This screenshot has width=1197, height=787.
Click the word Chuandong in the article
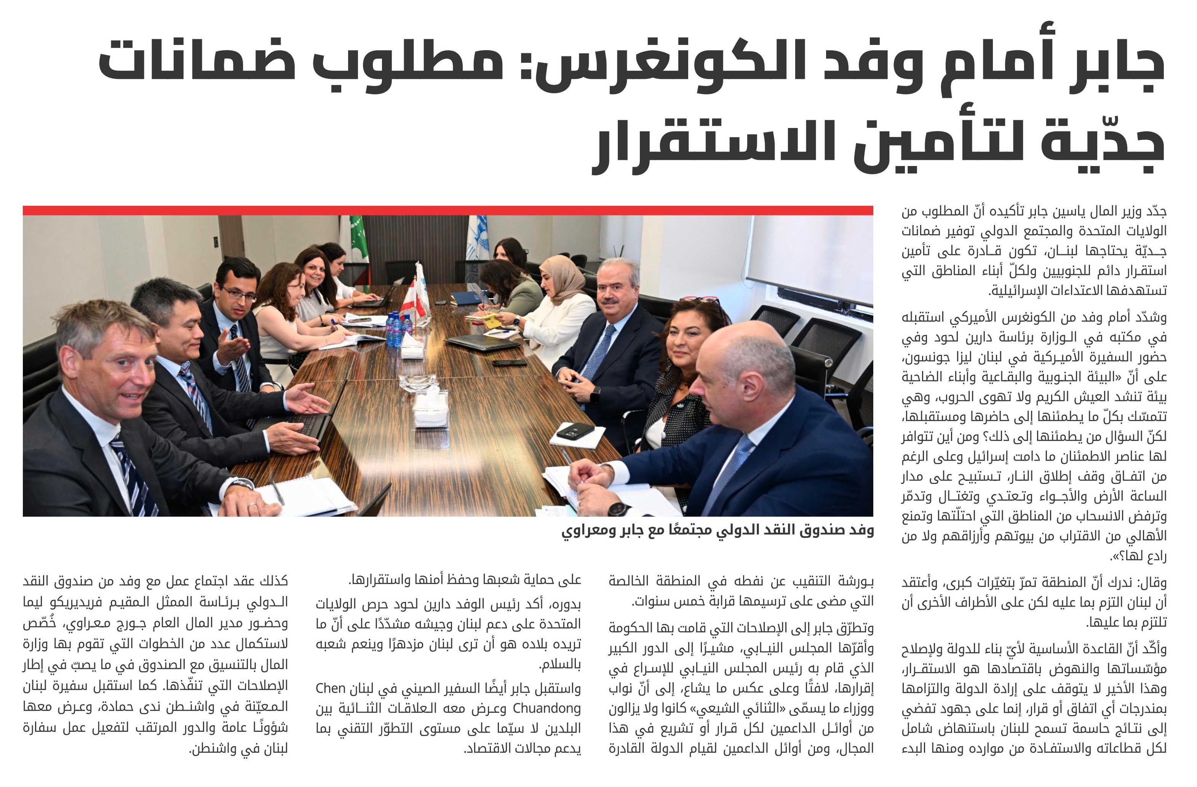point(546,709)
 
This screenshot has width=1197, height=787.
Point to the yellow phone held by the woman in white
point(491,320)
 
